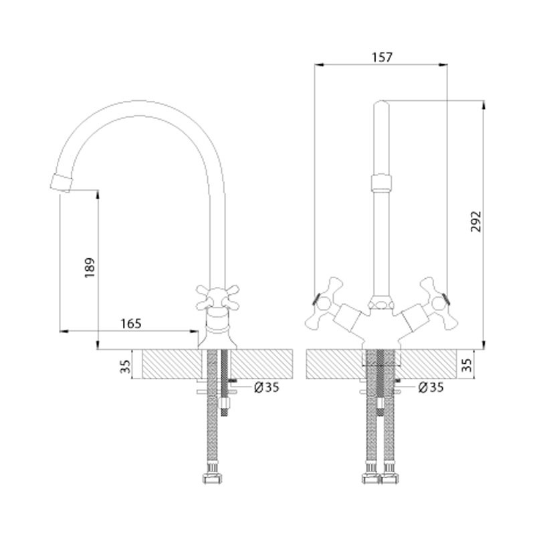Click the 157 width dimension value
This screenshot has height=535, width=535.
click(x=382, y=58)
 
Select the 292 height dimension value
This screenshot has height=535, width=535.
click(x=475, y=222)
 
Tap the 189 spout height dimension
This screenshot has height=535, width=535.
click(x=90, y=268)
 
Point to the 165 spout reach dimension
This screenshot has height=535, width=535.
click(x=131, y=324)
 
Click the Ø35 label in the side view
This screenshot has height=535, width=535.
click(x=266, y=387)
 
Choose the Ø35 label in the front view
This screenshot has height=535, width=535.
click(x=431, y=387)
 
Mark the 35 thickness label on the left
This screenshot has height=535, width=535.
click(x=126, y=366)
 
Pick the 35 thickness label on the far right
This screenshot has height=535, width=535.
click(x=467, y=364)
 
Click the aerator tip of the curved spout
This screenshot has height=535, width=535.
click(x=61, y=183)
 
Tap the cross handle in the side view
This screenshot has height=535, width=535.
click(x=217, y=298)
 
